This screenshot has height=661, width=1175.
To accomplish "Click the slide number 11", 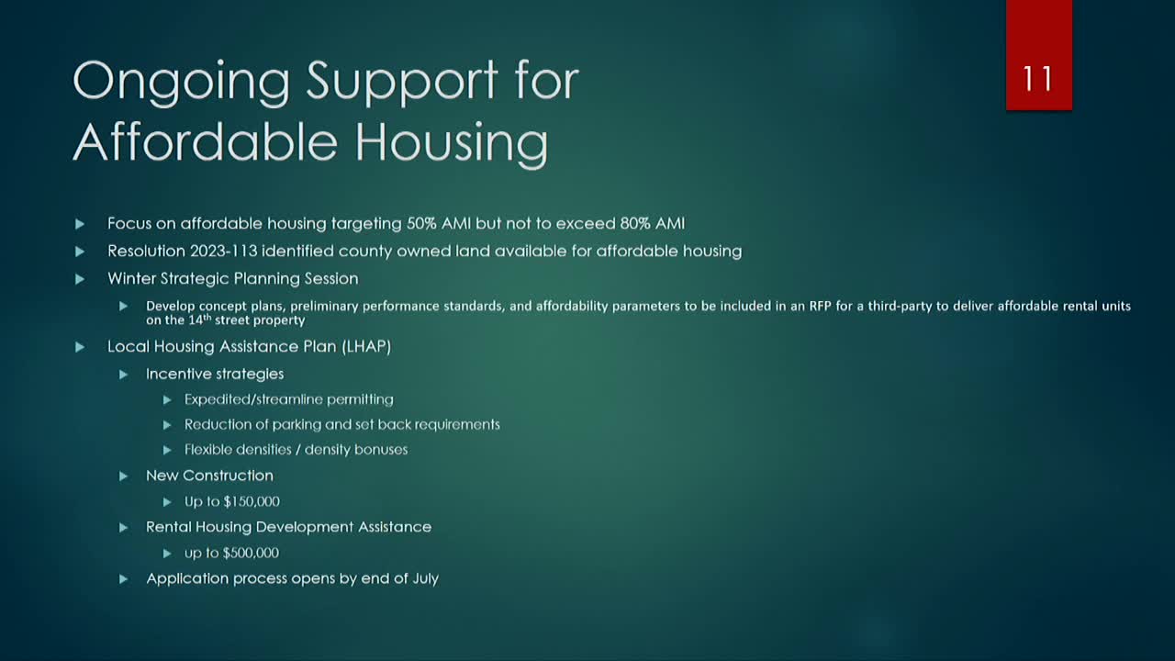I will pos(1038,79).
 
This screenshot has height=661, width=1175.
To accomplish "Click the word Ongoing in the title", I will pos(181,83).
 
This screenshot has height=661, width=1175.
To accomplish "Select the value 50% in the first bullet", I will pos(421,223).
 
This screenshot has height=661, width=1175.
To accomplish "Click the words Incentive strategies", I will pos(215,374).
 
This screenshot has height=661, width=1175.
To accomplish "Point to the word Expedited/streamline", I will pos(243,399).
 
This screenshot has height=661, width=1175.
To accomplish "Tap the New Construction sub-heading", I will pos(209,476).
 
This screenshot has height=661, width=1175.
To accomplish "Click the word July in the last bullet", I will pos(423,578).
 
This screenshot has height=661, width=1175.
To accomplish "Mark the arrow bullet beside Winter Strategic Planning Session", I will pos(80,278).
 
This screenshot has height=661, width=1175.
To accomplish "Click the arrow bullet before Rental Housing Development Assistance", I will pos(124,527).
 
